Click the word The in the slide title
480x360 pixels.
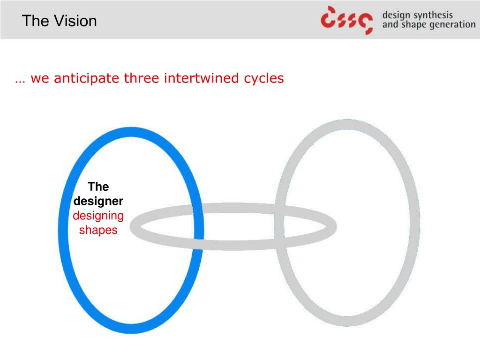click(x=32, y=21)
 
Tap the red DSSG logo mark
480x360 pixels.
click(x=347, y=20)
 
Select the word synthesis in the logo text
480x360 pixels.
click(x=431, y=15)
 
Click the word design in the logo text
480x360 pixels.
click(x=397, y=15)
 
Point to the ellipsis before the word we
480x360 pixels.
click(x=19, y=80)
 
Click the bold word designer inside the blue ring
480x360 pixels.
click(x=98, y=201)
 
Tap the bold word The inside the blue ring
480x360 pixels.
click(x=98, y=187)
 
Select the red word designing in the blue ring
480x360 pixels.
click(x=98, y=216)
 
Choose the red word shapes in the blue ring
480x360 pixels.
click(x=98, y=230)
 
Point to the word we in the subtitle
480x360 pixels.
click(x=40, y=78)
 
